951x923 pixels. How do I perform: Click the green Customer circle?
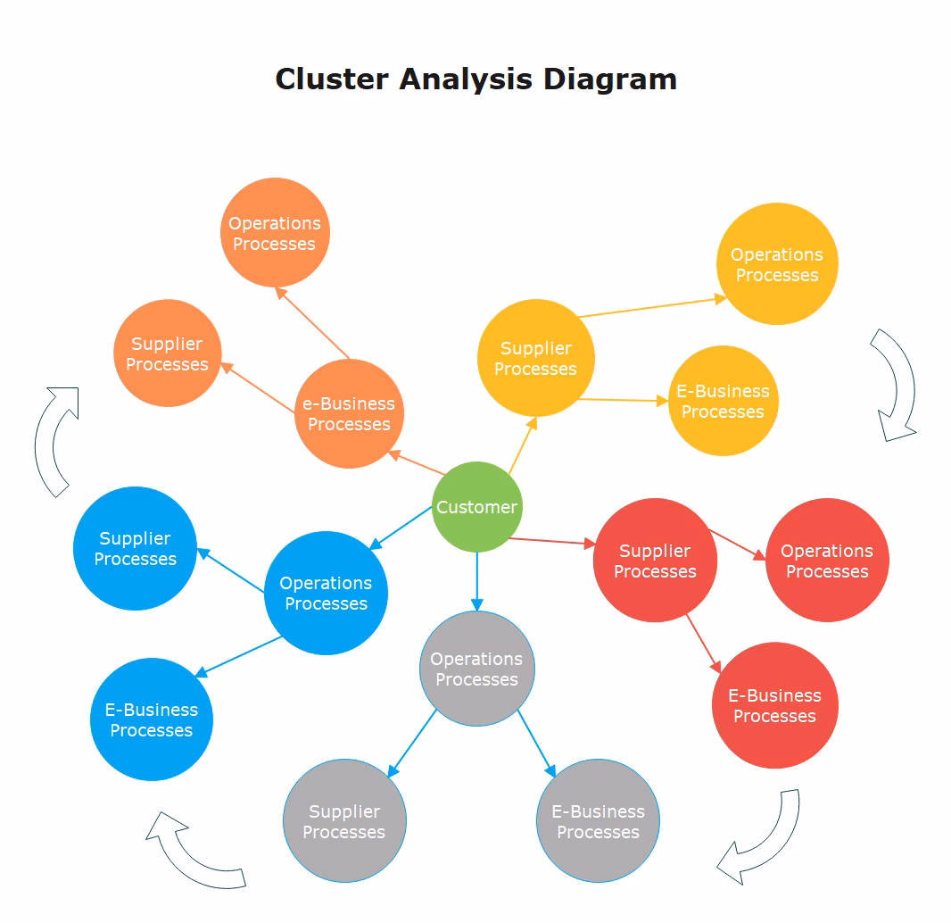[476, 507]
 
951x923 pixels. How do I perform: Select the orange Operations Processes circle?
[275, 233]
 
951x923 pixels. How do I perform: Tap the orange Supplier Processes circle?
[167, 353]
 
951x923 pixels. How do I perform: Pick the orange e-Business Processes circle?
[349, 414]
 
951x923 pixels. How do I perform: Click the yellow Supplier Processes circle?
[535, 358]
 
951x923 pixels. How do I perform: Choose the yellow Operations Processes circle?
[777, 264]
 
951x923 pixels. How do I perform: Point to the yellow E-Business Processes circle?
[723, 401]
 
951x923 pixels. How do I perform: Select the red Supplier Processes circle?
[655, 561]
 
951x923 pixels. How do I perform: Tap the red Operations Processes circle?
[827, 561]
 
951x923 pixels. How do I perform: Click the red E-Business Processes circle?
[774, 705]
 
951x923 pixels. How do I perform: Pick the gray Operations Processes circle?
[476, 669]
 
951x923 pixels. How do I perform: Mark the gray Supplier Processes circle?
[344, 821]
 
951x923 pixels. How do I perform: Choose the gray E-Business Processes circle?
[598, 821]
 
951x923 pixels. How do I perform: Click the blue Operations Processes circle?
[326, 593]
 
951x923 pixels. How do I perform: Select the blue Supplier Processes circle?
[136, 548]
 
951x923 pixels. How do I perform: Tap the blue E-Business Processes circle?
[152, 719]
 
